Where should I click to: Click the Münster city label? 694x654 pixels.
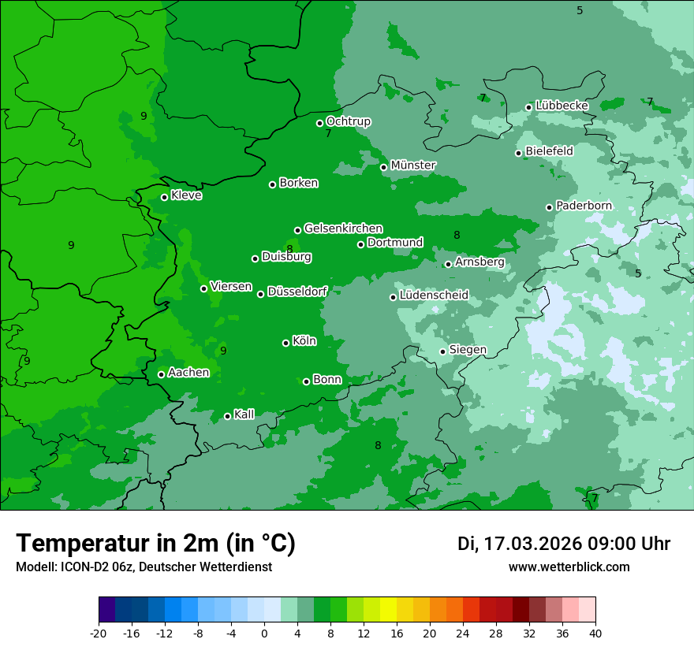pos(413,165)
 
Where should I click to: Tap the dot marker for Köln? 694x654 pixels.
pos(285,343)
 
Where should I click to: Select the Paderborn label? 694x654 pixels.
pos(584,206)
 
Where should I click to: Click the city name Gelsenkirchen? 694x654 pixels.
pos(343,229)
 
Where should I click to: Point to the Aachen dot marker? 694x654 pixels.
pos(161,374)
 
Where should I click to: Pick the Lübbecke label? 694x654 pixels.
pos(562,106)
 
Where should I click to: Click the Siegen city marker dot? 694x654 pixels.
pos(442,351)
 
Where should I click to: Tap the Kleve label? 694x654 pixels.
pos(186,195)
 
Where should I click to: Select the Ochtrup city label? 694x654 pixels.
pos(348,121)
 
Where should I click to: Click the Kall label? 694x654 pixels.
pos(244,414)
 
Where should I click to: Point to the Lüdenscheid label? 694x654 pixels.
pos(434,295)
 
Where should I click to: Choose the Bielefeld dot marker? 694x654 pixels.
pos(518,153)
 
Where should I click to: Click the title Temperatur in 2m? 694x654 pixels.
pos(155,543)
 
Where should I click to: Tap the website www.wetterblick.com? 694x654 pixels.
pos(569,567)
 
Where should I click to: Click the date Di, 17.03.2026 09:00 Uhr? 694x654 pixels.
pos(563,544)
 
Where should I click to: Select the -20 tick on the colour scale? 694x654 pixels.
pos(99,633)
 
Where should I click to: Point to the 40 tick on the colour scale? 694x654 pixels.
pos(595,633)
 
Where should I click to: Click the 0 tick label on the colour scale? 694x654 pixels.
pos(264,633)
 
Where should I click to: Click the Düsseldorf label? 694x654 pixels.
pos(297,292)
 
